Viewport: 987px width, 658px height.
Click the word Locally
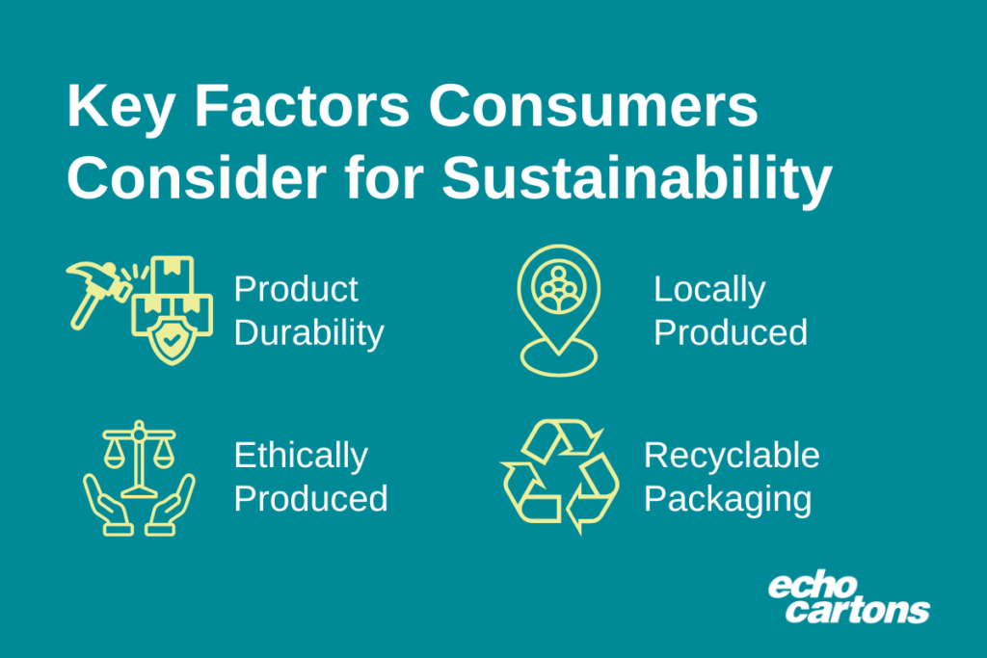pos(709,289)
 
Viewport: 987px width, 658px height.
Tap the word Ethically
pos(301,455)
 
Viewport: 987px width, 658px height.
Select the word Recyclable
pos(732,455)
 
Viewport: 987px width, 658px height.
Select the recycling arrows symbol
pos(559,476)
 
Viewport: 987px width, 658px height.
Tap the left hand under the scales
pos(105,507)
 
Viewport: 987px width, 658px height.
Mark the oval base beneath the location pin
pos(558,361)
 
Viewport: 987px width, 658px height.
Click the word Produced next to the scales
pos(310,499)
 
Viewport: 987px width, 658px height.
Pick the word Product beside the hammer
pos(296,289)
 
